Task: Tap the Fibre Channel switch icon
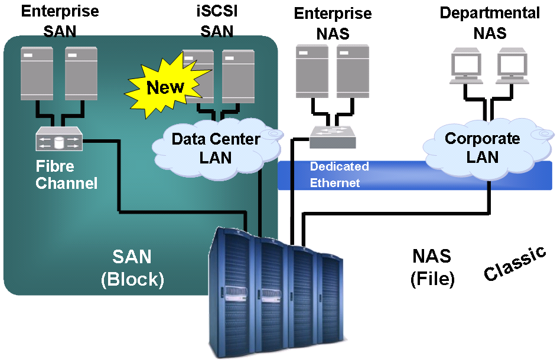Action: pos(58,140)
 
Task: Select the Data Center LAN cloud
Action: pos(216,148)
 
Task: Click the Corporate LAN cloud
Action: pos(482,148)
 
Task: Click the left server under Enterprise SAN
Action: pos(37,72)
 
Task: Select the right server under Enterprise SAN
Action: pos(81,72)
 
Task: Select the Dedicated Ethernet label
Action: pos(339,175)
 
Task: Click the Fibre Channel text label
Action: pos(66,175)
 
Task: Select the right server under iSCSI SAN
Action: pos(238,72)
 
